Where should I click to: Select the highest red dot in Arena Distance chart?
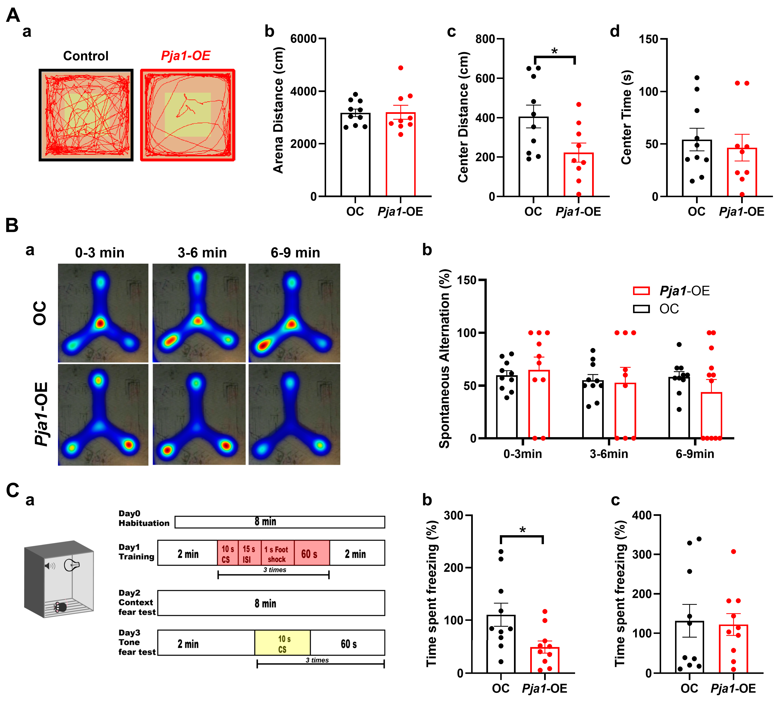click(401, 68)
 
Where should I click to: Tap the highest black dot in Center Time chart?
click(697, 78)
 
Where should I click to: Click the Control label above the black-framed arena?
click(86, 56)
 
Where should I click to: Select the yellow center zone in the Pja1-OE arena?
click(188, 114)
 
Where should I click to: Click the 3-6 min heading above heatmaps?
click(202, 253)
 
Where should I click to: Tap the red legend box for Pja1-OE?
click(641, 291)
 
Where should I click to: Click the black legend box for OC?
click(641, 309)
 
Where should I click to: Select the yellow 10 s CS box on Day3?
click(282, 644)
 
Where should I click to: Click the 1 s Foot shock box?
click(276, 554)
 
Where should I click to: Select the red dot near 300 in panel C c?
click(733, 552)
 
